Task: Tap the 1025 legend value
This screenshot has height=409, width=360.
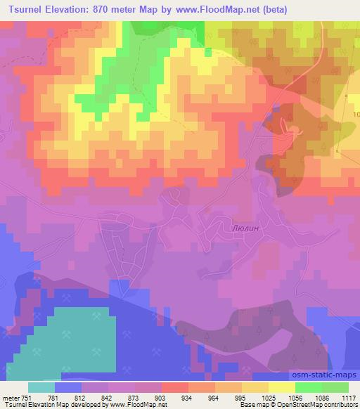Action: coord(269,397)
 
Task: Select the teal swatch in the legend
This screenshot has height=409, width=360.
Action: coord(41,387)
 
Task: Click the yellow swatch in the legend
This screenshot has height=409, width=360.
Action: coord(281,387)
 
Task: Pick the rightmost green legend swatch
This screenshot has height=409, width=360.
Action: coord(335,387)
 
